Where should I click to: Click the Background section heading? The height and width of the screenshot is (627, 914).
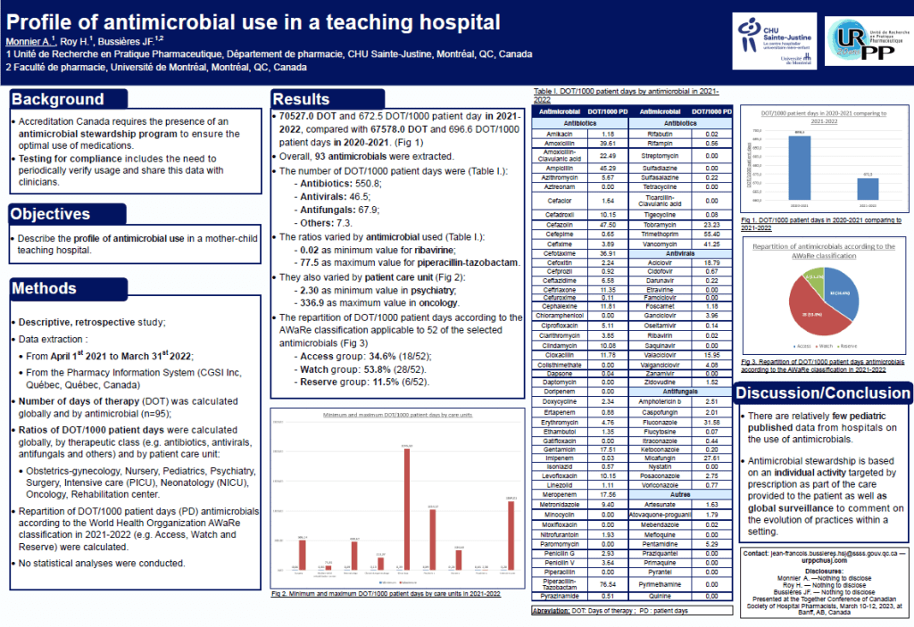(x=58, y=99)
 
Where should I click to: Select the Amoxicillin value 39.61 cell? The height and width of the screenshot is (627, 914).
(x=609, y=142)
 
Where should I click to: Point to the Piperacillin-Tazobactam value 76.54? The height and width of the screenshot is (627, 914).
(x=609, y=583)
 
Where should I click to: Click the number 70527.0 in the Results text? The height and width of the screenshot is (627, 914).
(x=302, y=117)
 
